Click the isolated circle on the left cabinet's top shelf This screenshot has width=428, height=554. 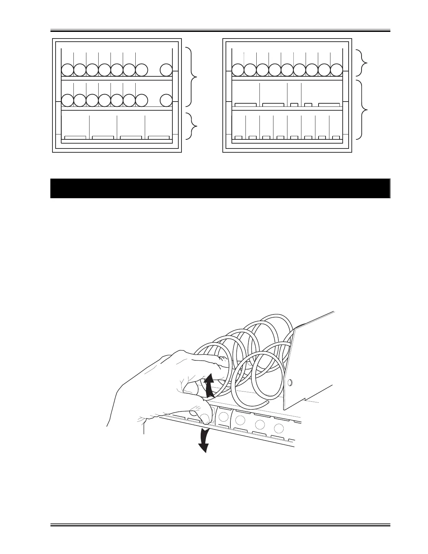[166, 70]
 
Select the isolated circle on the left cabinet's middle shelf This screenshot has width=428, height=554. [166, 100]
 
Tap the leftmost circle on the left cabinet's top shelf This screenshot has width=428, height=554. [67, 70]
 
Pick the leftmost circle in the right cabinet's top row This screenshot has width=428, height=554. [238, 70]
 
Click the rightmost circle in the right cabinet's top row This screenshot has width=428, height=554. [336, 70]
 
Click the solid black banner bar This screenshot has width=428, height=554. [220, 188]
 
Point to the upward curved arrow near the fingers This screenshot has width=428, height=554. [209, 386]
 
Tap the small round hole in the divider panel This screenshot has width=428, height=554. [289, 383]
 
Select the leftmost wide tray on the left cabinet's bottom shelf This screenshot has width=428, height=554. [75, 138]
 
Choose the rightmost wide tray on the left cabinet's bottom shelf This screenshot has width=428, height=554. [159, 138]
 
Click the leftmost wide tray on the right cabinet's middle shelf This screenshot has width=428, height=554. [245, 105]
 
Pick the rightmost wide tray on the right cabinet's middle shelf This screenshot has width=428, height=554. [329, 105]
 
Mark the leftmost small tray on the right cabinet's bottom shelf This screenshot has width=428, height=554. [238, 138]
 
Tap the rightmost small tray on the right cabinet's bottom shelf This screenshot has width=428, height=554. [336, 138]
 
